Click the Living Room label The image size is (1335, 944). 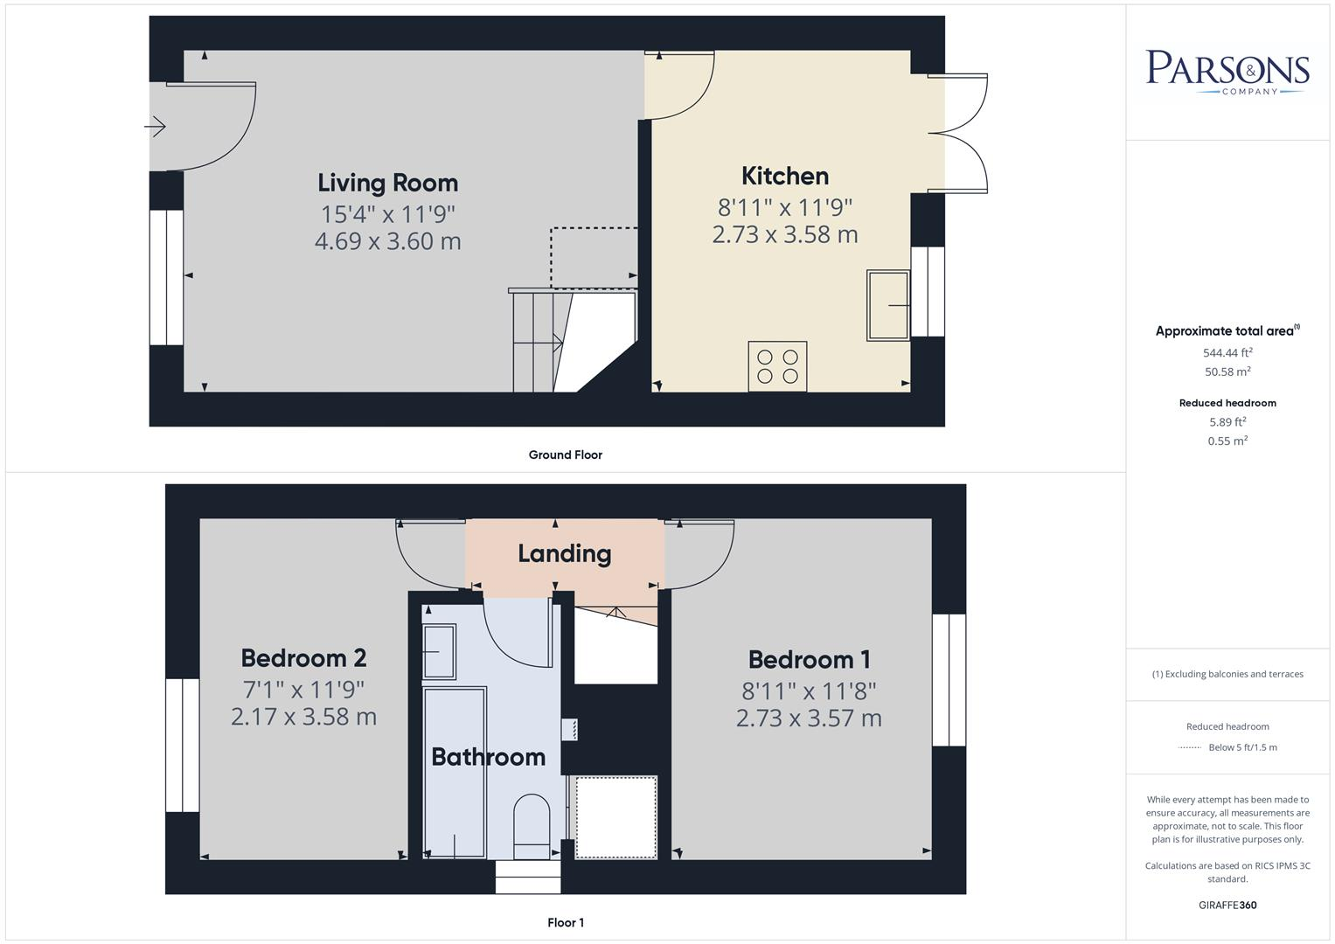(387, 183)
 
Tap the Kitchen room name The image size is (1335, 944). (784, 176)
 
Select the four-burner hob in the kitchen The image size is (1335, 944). (777, 366)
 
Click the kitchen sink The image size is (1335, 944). (887, 305)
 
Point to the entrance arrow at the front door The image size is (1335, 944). (156, 128)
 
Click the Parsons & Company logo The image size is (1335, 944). (1227, 72)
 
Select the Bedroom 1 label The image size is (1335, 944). (809, 659)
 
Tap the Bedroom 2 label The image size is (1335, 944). (303, 657)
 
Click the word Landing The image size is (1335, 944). (564, 553)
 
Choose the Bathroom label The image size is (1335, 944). (488, 757)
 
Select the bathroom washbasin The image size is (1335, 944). (439, 652)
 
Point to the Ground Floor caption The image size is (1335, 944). (565, 455)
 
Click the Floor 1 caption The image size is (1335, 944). (565, 922)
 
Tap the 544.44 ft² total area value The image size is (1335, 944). (1227, 353)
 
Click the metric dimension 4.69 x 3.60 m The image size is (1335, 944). (387, 241)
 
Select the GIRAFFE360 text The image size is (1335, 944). (1227, 905)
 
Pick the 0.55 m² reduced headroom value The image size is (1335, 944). (1227, 441)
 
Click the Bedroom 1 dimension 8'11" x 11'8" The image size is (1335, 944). (809, 691)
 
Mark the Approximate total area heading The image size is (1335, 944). (1226, 331)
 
